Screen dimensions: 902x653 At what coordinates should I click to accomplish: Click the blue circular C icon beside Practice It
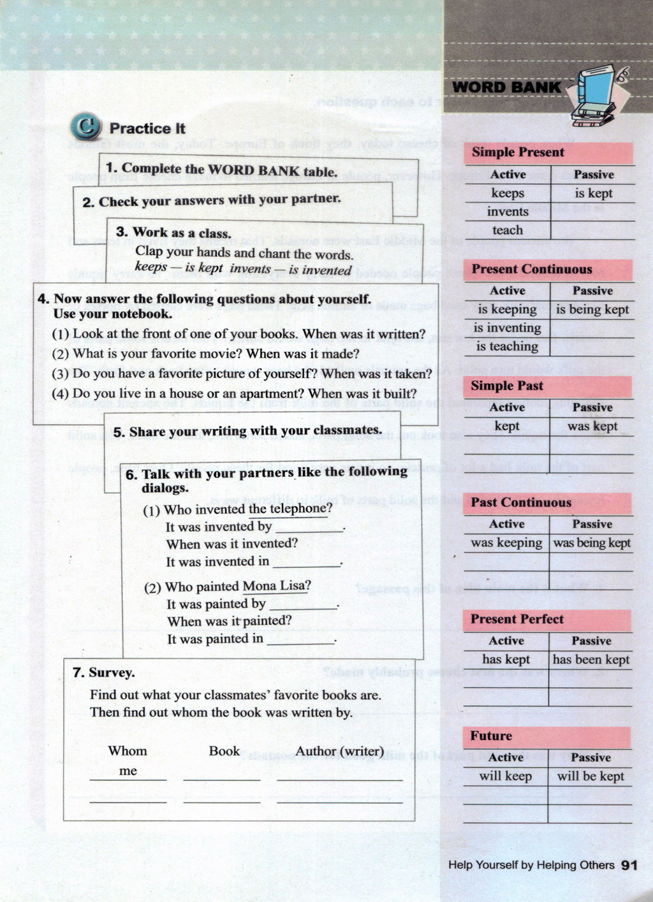85,127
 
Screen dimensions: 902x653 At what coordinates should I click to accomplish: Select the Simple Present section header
518,152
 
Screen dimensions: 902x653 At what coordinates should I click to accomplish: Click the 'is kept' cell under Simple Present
593,193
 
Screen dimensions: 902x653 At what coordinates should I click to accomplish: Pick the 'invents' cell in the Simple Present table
508,212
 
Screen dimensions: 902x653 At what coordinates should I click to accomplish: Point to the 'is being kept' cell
592,310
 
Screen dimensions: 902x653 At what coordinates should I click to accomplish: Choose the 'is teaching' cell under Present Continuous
507,347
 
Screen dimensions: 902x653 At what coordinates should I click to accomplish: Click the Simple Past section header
507,386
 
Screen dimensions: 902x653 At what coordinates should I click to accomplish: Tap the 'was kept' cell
592,426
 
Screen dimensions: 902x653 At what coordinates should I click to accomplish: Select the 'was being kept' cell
591,542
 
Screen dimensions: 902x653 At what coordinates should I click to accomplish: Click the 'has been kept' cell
591,660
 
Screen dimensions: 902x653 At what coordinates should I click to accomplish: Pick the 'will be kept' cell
591,776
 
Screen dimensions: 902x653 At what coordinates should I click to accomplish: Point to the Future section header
491,736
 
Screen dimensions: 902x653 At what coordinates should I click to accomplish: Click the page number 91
629,865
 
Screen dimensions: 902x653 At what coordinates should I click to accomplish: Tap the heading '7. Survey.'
103,673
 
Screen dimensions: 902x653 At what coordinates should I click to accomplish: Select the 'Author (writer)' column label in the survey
339,752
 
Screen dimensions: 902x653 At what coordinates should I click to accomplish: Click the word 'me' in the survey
128,771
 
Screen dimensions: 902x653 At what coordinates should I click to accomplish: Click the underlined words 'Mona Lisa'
276,586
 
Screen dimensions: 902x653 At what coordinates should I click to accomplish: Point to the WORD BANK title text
506,87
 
